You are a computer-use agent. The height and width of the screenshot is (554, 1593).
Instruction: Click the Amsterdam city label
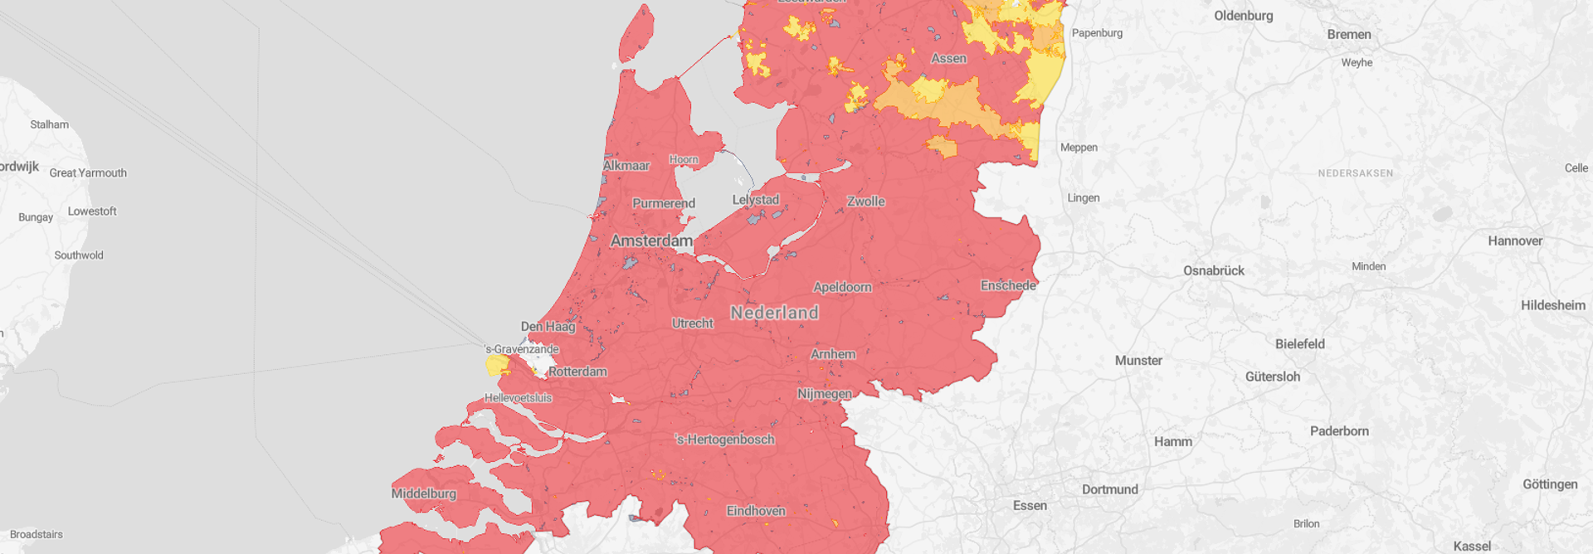coord(651,241)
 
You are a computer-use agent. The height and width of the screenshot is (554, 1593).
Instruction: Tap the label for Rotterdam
coord(577,372)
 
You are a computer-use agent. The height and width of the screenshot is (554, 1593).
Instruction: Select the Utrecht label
coord(693,323)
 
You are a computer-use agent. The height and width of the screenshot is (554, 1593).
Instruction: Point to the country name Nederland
coord(774,313)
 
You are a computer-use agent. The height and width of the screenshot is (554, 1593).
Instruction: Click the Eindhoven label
coord(756,511)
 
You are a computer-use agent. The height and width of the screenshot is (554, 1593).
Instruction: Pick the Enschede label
coord(1008,285)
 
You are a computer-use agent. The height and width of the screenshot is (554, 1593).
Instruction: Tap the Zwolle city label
coord(865,202)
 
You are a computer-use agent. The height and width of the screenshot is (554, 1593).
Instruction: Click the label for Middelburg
coord(424,493)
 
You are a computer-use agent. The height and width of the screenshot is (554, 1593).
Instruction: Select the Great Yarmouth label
coord(88,173)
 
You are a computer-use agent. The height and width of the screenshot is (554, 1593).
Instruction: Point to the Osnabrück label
coord(1213,270)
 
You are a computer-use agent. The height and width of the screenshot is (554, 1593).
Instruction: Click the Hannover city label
coord(1515,241)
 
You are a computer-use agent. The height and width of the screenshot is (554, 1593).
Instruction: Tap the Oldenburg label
coord(1243,16)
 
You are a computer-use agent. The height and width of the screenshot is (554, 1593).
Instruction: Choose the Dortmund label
coord(1109,489)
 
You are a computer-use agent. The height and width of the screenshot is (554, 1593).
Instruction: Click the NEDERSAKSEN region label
coord(1356,173)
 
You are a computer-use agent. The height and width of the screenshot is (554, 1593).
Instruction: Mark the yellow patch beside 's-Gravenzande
coord(497,365)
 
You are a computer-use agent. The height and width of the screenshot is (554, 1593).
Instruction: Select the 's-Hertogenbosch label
coord(725,440)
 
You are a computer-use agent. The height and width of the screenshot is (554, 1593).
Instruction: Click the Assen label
coord(948,58)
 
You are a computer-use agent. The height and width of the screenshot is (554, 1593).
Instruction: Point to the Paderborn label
coord(1339,431)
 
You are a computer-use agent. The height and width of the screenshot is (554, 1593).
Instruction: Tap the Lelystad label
coord(756,200)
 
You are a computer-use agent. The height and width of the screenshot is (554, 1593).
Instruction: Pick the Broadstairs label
coord(37,534)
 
